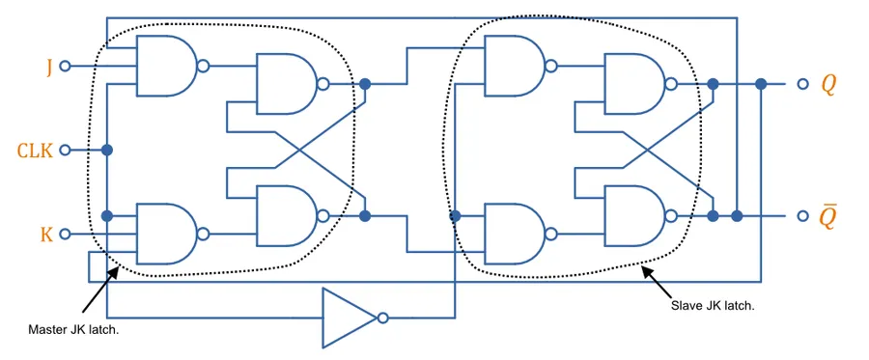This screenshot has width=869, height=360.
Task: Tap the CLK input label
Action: coord(35,151)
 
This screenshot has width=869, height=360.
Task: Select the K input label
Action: coord(47,235)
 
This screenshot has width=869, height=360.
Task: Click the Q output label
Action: coord(828,85)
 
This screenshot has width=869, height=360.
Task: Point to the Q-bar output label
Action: coord(827,216)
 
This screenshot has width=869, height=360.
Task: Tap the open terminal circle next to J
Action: coord(65,67)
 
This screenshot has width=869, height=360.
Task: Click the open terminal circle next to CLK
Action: coord(65,151)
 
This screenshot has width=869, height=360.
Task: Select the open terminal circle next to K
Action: coord(65,235)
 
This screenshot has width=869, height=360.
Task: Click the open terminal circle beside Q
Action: coord(802,84)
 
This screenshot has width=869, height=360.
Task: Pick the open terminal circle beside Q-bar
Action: coord(802,216)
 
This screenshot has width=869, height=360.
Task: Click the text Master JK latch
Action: coord(73,331)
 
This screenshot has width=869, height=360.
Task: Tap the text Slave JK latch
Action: coord(713,305)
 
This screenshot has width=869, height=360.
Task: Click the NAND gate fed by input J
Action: coord(166,67)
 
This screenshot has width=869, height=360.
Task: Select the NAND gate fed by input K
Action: coord(166,234)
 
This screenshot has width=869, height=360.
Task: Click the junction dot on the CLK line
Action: coord(107,151)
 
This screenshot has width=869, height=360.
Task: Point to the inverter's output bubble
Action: coord(382,318)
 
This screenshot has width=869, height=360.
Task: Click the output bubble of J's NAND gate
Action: coord(204,67)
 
